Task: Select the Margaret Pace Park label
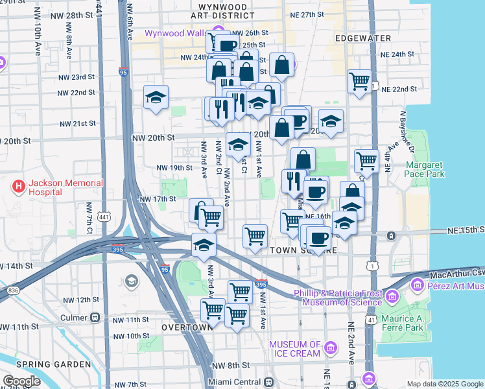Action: point(425,169)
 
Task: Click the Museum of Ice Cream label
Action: point(295,349)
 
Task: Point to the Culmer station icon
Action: point(95,318)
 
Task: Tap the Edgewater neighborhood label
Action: point(361,38)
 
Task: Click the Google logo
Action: point(21,381)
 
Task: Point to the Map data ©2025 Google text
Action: point(445,384)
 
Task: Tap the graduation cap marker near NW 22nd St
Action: point(156,97)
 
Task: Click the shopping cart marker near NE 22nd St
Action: point(359,82)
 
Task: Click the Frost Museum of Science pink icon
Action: point(392,297)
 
